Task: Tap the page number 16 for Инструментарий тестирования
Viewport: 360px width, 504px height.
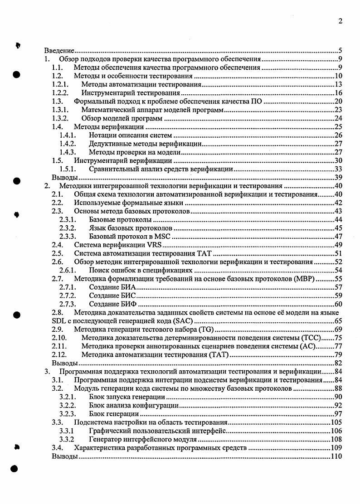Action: [338, 93]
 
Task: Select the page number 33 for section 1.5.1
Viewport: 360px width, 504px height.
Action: [338, 169]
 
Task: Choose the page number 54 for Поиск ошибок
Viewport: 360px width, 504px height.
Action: [338, 271]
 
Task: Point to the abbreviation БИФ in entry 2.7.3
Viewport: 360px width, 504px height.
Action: [127, 304]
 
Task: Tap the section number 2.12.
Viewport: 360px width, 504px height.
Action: [60, 354]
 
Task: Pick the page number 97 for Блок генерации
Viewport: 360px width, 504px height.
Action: [338, 414]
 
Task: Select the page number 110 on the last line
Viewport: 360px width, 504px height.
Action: [336, 456]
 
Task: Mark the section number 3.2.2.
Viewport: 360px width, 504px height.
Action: [68, 405]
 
